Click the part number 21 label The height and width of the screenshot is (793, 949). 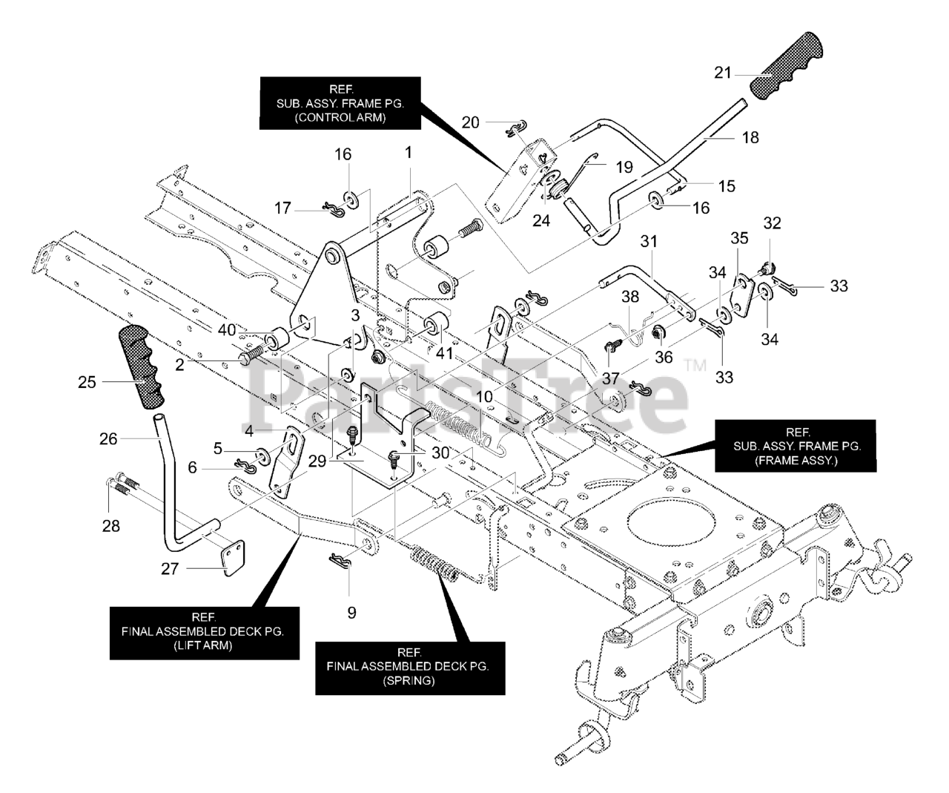point(723,73)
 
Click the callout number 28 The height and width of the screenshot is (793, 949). point(111,526)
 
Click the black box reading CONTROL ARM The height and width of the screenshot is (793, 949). point(340,103)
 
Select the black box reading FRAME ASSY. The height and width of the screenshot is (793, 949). point(796,446)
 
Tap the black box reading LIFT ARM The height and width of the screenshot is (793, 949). point(205,634)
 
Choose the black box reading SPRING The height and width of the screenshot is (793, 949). point(410,668)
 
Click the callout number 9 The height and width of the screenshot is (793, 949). point(351,613)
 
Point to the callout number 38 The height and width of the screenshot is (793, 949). point(630,297)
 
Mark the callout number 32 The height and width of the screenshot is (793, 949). point(773,223)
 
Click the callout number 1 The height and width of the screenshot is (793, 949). point(408,152)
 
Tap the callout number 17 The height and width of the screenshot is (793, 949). point(282,208)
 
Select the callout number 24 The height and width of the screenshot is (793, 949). point(541,221)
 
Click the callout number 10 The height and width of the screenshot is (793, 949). point(484,397)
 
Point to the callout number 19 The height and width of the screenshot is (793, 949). point(624,168)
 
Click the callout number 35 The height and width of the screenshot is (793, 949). point(739,238)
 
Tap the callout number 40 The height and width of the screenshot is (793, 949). point(227,329)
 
